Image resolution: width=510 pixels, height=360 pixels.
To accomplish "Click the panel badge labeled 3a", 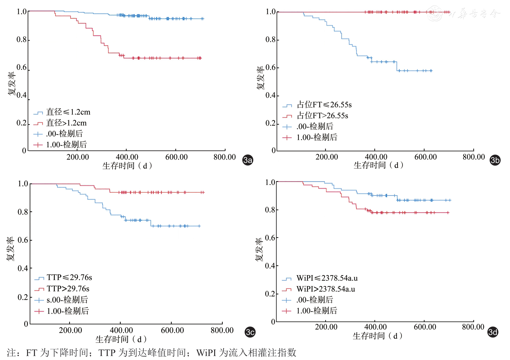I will [x=247, y=160].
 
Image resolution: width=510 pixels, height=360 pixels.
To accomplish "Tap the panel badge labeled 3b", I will [x=495, y=160].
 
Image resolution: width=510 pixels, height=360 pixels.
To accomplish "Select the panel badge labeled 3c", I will [x=250, y=332].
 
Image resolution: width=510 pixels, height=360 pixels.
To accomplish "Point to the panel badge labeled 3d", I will [x=493, y=332].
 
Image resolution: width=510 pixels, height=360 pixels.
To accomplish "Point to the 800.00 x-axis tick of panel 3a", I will [x=225, y=157].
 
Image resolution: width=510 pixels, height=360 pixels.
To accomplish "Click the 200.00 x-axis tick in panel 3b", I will [x=327, y=157].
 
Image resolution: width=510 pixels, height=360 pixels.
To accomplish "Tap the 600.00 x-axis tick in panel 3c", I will [x=172, y=330].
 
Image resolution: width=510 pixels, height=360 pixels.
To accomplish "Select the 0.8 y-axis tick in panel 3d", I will [x=270, y=210].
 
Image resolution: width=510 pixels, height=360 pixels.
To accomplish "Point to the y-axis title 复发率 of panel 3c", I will [x=10, y=249].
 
